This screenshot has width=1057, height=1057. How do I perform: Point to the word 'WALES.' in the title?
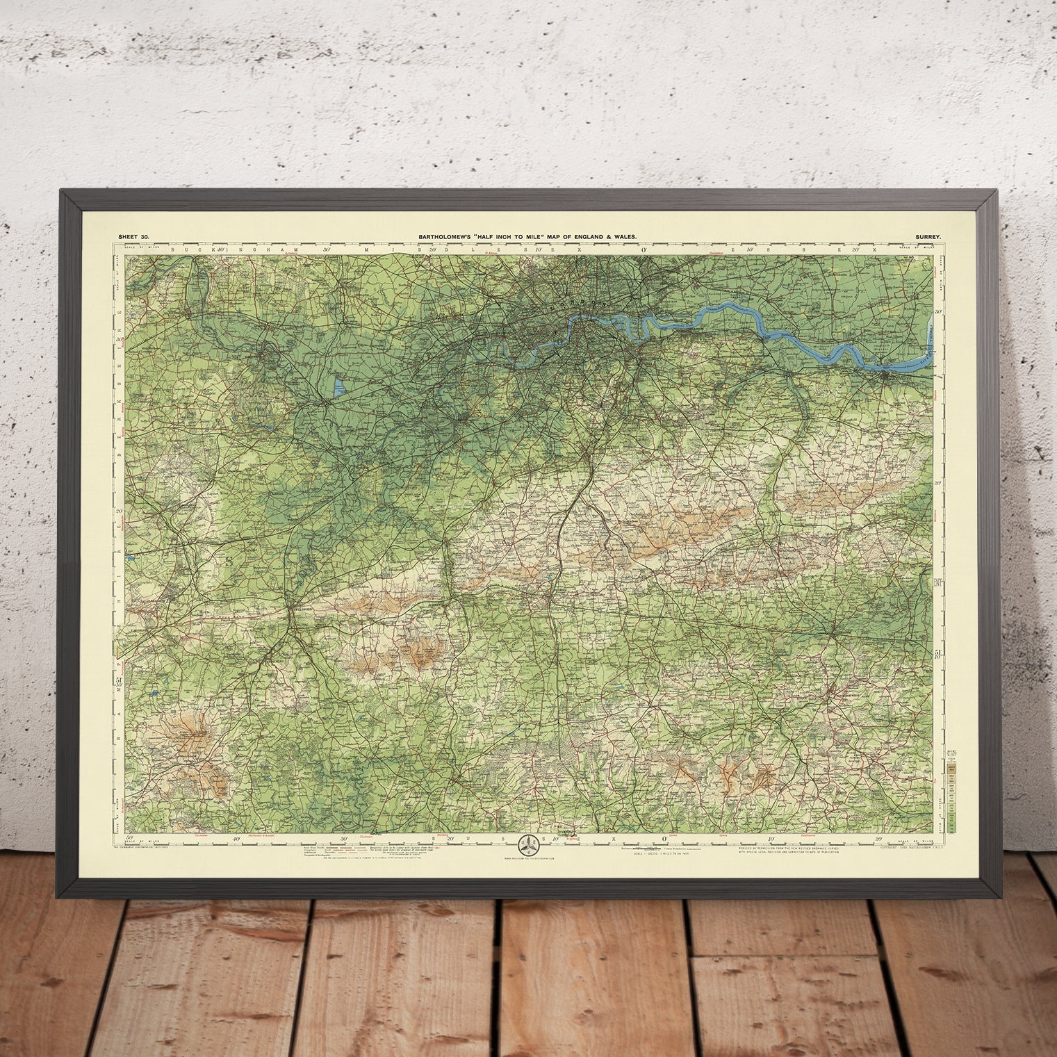pyautogui.click(x=623, y=237)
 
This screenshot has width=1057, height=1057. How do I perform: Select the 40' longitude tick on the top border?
pyautogui.click(x=220, y=249)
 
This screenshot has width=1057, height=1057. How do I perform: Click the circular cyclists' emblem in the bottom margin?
pyautogui.click(x=528, y=845)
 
